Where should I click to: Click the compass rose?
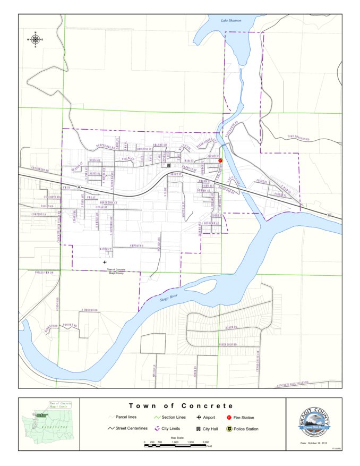[x=36, y=40]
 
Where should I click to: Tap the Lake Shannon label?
[x=231, y=21]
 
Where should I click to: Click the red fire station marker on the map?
[x=220, y=160]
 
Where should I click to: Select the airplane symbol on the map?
[x=105, y=262]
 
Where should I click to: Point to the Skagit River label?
[x=170, y=299]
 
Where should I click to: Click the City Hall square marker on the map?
[x=169, y=166]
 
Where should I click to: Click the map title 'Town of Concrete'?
[x=181, y=406]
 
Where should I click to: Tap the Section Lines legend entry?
[x=169, y=418]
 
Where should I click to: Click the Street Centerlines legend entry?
[x=127, y=429]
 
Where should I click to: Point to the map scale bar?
[x=175, y=444]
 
